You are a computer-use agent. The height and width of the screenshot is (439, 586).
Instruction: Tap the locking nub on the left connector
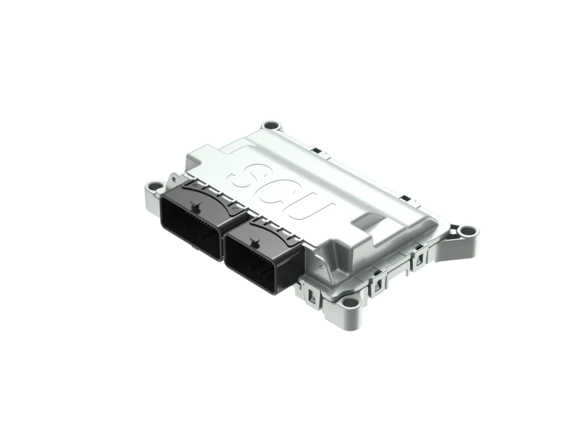pos(194,206)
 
